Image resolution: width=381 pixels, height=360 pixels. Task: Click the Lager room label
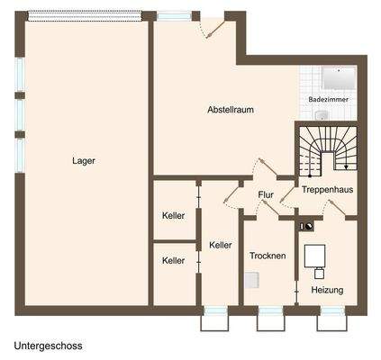pos(84,161)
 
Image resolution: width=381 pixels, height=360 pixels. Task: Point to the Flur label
pos(266,194)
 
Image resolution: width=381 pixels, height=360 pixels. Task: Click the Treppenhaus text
pos(327,191)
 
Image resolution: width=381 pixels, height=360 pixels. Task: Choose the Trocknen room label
pos(268,256)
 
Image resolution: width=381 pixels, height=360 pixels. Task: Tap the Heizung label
pos(327,290)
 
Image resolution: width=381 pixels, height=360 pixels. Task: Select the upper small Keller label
pos(173,216)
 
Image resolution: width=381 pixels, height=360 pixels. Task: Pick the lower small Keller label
pos(173,261)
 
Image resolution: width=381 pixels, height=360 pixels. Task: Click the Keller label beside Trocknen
pos(221,245)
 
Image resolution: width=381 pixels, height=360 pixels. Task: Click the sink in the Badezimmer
pos(322,115)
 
